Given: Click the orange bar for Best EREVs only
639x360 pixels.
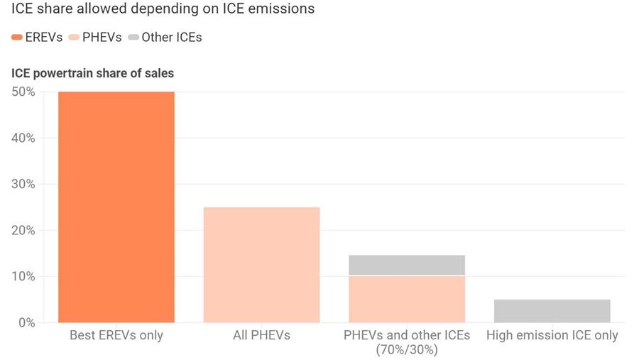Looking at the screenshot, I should point(116,207).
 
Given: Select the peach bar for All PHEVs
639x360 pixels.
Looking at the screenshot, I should point(261,264).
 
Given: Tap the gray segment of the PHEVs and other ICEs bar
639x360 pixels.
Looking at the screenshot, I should point(407,265).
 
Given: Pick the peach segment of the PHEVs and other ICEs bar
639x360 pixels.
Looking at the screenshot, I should point(407,299).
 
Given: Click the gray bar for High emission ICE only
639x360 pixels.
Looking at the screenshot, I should point(552,310).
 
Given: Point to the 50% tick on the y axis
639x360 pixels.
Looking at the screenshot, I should point(23,92).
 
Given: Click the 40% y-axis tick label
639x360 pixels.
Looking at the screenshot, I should point(23,138).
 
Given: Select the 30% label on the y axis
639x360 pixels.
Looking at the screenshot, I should point(23,184).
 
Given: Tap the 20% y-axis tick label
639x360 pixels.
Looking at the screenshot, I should point(23,230).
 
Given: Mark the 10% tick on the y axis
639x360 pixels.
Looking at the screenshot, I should point(23,276).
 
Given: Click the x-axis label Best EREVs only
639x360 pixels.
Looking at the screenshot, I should point(116,335).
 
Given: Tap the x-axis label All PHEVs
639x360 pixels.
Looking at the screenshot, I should point(261,335).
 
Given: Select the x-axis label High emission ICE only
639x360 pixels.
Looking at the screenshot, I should point(552,335).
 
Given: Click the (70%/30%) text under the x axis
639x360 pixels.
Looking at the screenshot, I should point(407,349).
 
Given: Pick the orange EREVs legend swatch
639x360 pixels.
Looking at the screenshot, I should point(17,38).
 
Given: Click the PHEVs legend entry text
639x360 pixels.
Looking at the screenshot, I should point(102,38).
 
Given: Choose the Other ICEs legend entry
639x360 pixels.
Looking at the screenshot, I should point(171,38).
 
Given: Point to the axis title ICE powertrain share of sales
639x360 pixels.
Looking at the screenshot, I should point(92,73).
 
